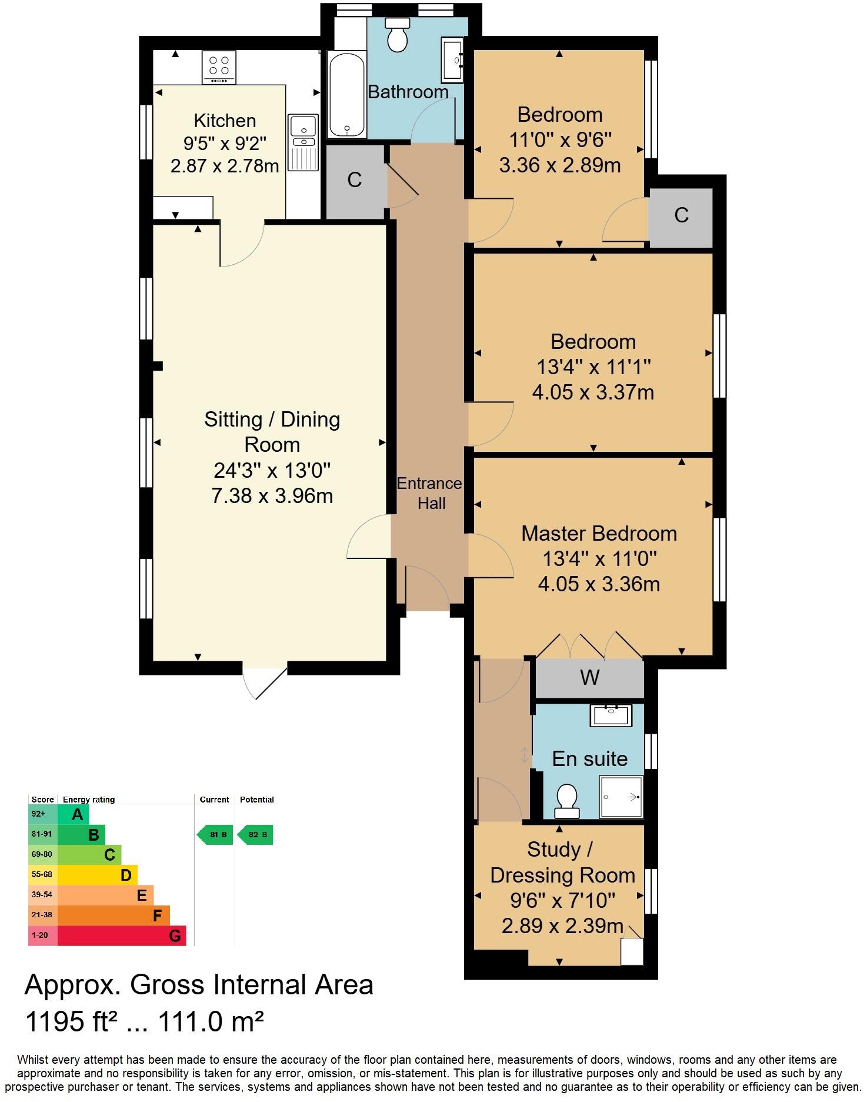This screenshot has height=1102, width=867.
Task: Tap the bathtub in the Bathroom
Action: [347, 94]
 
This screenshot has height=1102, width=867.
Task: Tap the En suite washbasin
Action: [611, 715]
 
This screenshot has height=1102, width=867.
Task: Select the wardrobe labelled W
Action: [589, 678]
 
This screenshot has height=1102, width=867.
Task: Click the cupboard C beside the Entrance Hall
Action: [355, 180]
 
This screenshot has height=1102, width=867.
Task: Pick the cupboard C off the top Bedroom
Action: [681, 215]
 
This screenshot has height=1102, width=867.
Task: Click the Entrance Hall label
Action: [430, 493]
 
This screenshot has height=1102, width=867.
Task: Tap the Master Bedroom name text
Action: [599, 534]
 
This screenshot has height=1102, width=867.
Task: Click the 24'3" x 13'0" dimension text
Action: [272, 470]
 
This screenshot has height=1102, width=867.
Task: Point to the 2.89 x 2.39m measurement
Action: [562, 926]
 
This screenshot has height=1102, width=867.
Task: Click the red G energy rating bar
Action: [122, 935]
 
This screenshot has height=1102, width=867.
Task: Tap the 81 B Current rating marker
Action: [215, 834]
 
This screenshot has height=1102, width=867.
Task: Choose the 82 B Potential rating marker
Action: [256, 834]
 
